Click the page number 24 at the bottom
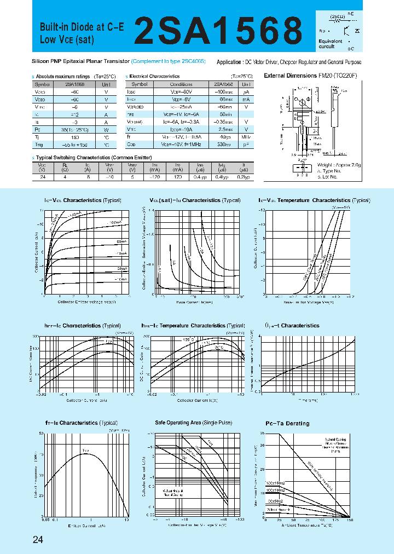[38, 540]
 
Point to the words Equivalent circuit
[331, 44]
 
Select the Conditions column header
[181, 84]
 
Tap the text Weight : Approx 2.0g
[339, 165]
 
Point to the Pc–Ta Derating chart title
[287, 423]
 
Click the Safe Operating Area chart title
[193, 423]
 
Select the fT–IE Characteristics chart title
[81, 423]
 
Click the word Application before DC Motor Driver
[230, 62]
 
